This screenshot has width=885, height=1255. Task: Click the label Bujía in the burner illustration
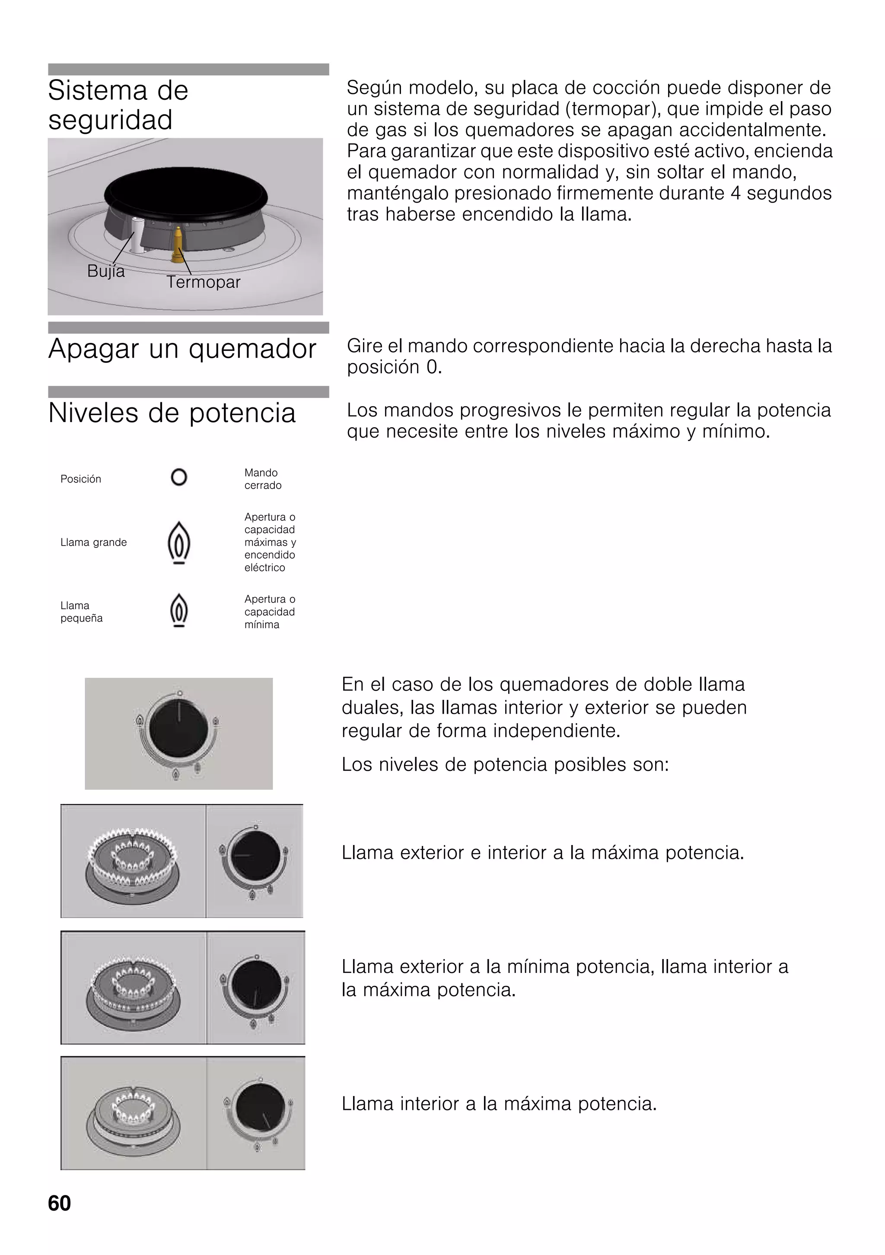click(x=106, y=271)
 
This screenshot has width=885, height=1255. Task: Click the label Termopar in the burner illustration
click(x=204, y=282)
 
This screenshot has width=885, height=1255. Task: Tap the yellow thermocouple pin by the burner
click(x=178, y=243)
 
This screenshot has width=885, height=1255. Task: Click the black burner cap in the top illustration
click(x=186, y=191)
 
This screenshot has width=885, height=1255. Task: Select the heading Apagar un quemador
click(x=182, y=349)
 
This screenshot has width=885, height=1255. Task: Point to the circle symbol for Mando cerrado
click(x=179, y=477)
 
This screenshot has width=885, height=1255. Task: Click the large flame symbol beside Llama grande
click(x=179, y=542)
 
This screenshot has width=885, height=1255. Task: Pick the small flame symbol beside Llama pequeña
click(x=179, y=610)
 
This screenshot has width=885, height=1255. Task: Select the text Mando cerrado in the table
click(x=262, y=479)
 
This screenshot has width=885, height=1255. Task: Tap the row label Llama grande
click(x=93, y=542)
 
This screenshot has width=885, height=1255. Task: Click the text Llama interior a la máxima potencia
click(x=499, y=1104)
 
